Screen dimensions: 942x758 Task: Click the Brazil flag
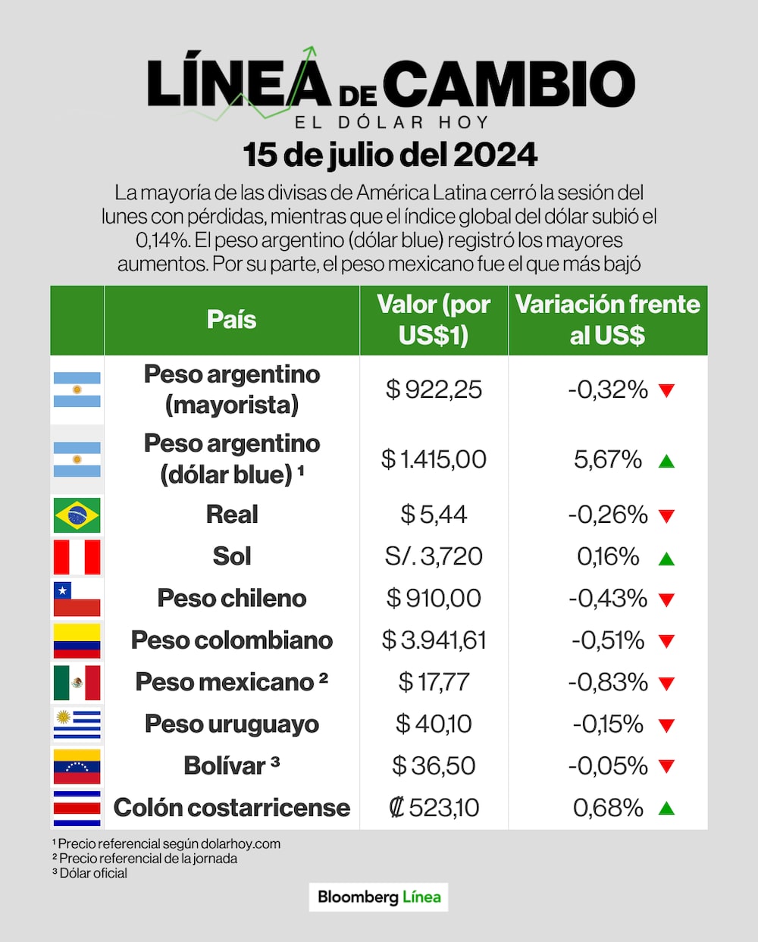click(77, 515)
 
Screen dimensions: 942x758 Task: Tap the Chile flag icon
click(77, 599)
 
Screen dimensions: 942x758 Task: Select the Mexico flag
click(77, 682)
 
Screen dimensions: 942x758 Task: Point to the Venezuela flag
click(77, 766)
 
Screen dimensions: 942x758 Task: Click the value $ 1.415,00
click(434, 459)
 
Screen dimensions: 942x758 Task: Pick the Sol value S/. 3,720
click(434, 556)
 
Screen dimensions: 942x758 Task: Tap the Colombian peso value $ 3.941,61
click(434, 640)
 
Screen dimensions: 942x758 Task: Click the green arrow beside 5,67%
click(666, 461)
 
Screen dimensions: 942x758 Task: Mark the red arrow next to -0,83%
click(666, 684)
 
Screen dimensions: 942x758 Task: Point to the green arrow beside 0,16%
click(666, 559)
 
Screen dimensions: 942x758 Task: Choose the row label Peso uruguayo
click(232, 724)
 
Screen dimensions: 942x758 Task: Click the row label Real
click(232, 515)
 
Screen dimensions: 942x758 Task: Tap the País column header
click(232, 320)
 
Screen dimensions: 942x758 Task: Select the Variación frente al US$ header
click(607, 320)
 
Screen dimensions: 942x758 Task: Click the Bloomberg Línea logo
click(379, 897)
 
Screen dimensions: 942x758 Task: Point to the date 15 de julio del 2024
click(390, 155)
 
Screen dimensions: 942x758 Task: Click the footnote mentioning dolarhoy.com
click(167, 843)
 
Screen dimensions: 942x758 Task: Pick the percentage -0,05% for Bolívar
click(608, 766)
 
